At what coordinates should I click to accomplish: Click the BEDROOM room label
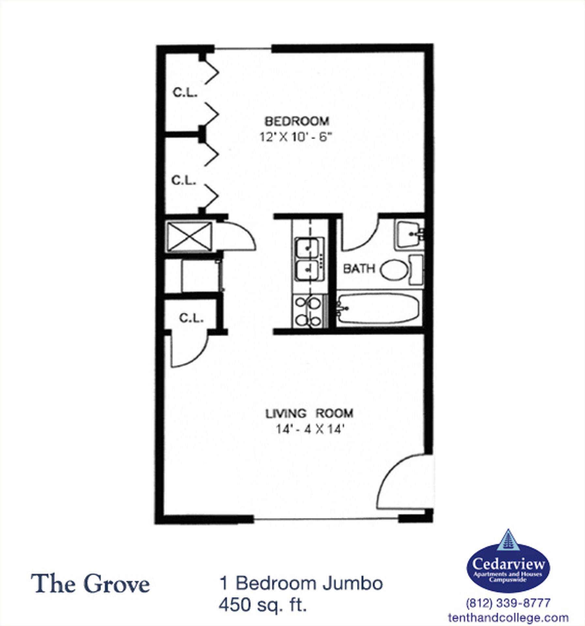point(297,121)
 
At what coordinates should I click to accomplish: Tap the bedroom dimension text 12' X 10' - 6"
point(295,137)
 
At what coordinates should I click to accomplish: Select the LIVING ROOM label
point(309,413)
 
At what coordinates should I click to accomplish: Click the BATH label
point(359,269)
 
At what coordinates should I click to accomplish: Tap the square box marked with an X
point(189,237)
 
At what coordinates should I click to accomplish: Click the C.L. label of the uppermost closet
point(185,93)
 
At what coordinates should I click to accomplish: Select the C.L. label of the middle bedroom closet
point(184,180)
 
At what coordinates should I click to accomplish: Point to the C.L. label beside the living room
point(191,318)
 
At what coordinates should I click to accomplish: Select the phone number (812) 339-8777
point(508,603)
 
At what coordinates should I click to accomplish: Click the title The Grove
point(90,584)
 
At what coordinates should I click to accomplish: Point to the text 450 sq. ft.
point(263,605)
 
